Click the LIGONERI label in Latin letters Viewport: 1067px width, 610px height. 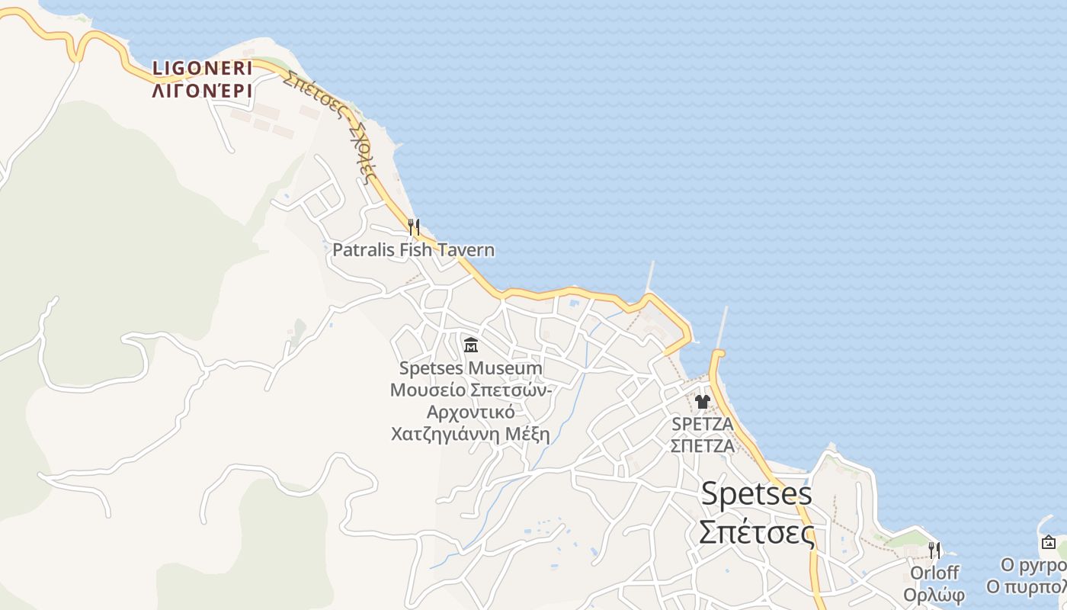pyautogui.click(x=202, y=68)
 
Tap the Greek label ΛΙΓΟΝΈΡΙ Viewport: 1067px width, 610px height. pyautogui.click(x=202, y=91)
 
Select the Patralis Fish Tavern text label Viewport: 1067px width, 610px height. pyautogui.click(x=413, y=249)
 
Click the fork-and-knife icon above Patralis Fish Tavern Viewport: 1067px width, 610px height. pyautogui.click(x=413, y=226)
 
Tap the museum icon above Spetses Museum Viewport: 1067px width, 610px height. pyautogui.click(x=471, y=345)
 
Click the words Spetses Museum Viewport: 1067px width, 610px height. pyautogui.click(x=471, y=368)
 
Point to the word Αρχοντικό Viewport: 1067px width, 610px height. pyautogui.click(x=470, y=413)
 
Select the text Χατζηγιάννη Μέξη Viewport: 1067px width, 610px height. pyautogui.click(x=470, y=435)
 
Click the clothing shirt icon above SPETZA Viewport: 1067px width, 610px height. pyautogui.click(x=702, y=401)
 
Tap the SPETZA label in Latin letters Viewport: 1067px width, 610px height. pyautogui.click(x=702, y=423)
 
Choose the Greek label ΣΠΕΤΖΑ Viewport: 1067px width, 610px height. pyautogui.click(x=702, y=445)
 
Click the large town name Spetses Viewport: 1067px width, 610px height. pyautogui.click(x=756, y=494)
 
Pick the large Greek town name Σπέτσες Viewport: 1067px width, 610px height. pyautogui.click(x=756, y=532)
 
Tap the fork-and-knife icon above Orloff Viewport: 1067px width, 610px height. pyautogui.click(x=934, y=550)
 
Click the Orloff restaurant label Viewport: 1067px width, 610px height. pyautogui.click(x=934, y=573)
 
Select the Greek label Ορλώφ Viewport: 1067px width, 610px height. pyautogui.click(x=934, y=595)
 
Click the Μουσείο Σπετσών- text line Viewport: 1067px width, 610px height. pyautogui.click(x=472, y=390)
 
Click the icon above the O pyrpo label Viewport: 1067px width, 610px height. pyautogui.click(x=1049, y=543)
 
